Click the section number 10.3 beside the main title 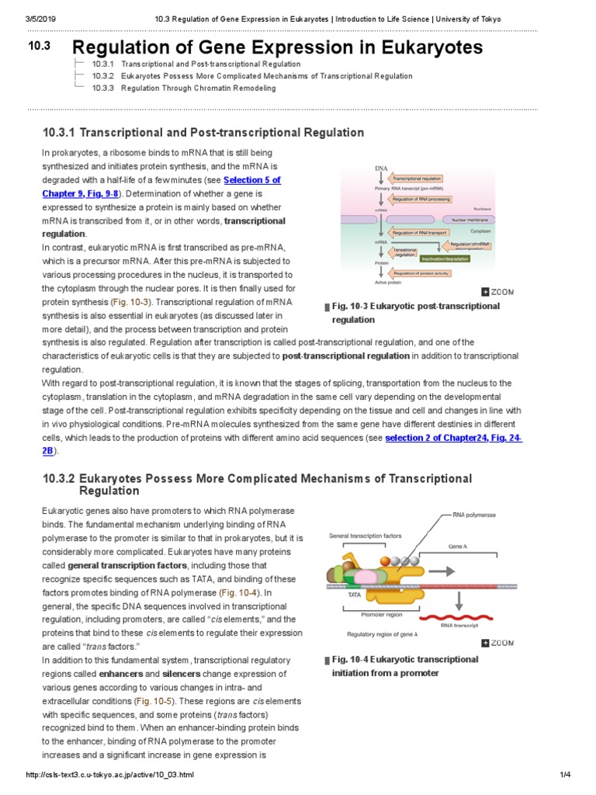tap(39, 47)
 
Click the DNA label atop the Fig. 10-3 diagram tap(381, 168)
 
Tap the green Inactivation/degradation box tap(444, 258)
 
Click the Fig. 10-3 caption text tap(416, 312)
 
